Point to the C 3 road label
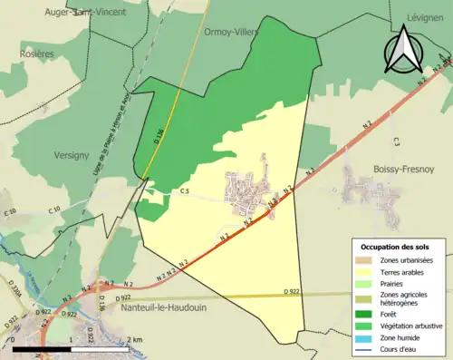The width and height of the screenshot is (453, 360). (397, 141)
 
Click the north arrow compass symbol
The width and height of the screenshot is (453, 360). (400, 49)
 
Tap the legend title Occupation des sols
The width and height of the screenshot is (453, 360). (395, 247)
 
